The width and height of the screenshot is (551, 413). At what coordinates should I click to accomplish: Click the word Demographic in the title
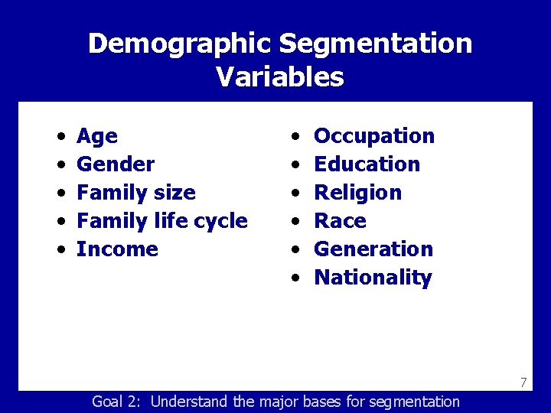coord(181,44)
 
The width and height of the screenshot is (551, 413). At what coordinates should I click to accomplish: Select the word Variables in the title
coord(280,77)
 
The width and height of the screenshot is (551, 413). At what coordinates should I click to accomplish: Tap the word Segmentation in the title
coord(376,44)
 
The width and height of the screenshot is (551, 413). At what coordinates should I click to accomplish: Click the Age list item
coord(97,136)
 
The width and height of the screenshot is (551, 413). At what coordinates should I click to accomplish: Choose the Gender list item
coord(116,164)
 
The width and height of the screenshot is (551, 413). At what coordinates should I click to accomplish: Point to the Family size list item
coord(136,193)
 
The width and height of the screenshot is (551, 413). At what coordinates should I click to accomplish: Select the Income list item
coord(117,249)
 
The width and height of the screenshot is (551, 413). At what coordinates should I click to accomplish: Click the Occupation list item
coord(374,136)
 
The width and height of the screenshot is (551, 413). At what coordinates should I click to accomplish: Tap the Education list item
coord(367,164)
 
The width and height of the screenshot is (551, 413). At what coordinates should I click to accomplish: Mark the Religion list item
coord(357,193)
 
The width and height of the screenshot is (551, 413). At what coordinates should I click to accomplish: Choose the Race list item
coord(340,221)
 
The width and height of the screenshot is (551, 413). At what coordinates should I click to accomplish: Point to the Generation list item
coord(373,249)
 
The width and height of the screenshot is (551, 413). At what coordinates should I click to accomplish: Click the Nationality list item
coord(373,278)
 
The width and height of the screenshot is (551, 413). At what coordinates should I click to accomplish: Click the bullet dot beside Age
coord(60,137)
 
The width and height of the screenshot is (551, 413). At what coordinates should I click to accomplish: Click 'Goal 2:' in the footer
coord(118,402)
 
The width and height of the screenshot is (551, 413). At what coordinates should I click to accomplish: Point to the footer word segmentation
coord(414,402)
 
